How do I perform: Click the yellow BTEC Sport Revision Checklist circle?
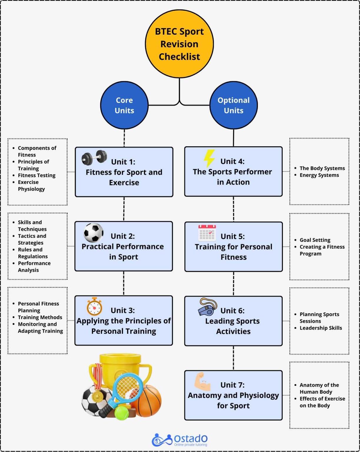[x=179, y=44]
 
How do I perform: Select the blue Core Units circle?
[x=124, y=105]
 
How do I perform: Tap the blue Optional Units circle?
[x=233, y=105]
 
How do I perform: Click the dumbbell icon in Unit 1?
[x=94, y=157]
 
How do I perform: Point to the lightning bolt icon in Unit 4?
[x=209, y=158]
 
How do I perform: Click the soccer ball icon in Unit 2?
[x=94, y=232]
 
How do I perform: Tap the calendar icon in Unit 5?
[x=207, y=233]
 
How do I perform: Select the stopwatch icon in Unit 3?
[x=94, y=307]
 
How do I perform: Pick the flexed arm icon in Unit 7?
[x=202, y=382]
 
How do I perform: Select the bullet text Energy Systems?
[x=319, y=175]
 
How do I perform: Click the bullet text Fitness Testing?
[x=37, y=175]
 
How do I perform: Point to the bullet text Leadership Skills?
[x=321, y=328]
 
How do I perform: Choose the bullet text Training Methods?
[x=40, y=317]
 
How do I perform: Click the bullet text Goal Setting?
[x=315, y=240]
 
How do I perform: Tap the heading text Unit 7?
[x=232, y=385]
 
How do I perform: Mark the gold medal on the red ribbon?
[x=97, y=397]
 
